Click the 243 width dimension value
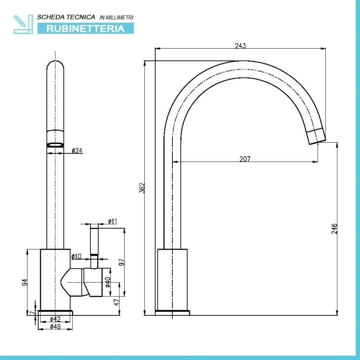point(240,46)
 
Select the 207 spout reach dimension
point(245,159)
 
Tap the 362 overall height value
point(142,188)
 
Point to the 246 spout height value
point(334,229)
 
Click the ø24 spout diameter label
point(77,151)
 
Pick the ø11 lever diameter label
point(112,221)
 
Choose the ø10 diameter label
point(76,256)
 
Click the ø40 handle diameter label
point(108,282)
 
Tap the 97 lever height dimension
point(121,262)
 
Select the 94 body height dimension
point(25,282)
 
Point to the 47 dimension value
point(117,302)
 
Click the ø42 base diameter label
point(55,319)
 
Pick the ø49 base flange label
point(55,326)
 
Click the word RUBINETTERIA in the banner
point(85,28)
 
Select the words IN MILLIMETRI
point(117,18)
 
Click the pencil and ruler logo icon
point(23,24)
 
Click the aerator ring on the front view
point(55,145)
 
